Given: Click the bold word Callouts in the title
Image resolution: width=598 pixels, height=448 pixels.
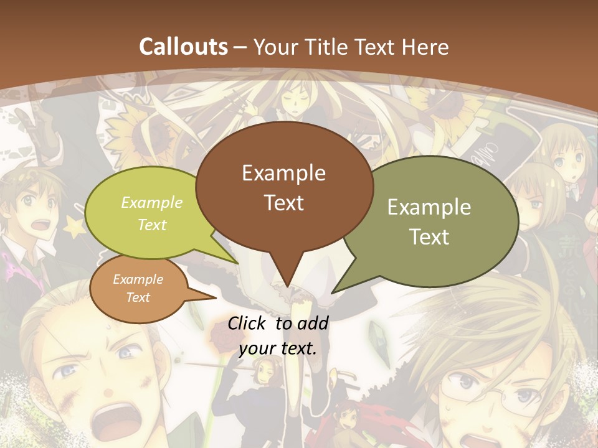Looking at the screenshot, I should (184, 47).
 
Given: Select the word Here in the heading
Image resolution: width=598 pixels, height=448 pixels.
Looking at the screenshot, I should (426, 47).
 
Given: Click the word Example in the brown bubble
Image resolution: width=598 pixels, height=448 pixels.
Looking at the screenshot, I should (283, 173).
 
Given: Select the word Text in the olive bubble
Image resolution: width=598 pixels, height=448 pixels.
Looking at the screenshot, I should (430, 237).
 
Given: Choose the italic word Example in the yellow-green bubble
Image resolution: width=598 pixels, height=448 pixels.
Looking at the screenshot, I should (152, 203).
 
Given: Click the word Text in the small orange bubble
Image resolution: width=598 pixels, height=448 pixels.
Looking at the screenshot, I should (138, 297).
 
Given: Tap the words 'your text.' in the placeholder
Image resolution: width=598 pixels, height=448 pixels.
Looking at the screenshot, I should (278, 349).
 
